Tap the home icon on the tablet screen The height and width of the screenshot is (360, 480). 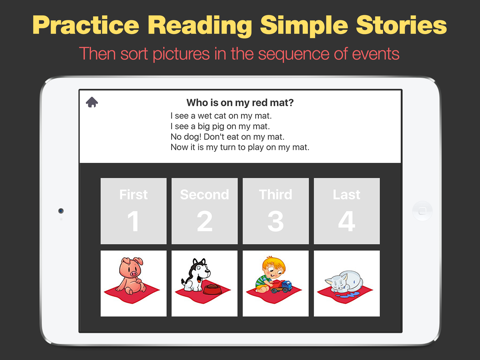[92, 102]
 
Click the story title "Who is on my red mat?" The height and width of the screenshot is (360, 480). [240, 102]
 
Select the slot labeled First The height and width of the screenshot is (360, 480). [133, 211]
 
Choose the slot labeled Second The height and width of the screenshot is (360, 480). [204, 211]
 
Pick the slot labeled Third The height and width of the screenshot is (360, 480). [275, 211]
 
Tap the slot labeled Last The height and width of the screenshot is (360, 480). [346, 211]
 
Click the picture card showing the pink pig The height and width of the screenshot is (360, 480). [133, 283]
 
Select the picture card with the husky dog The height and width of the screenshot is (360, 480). [204, 283]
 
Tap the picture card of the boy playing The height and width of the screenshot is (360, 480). [275, 283]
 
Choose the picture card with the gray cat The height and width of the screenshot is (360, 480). [346, 283]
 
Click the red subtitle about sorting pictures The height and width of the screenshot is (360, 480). [240, 52]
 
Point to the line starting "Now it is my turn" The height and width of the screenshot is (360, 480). [240, 147]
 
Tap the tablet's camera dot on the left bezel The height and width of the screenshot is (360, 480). [60, 211]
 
